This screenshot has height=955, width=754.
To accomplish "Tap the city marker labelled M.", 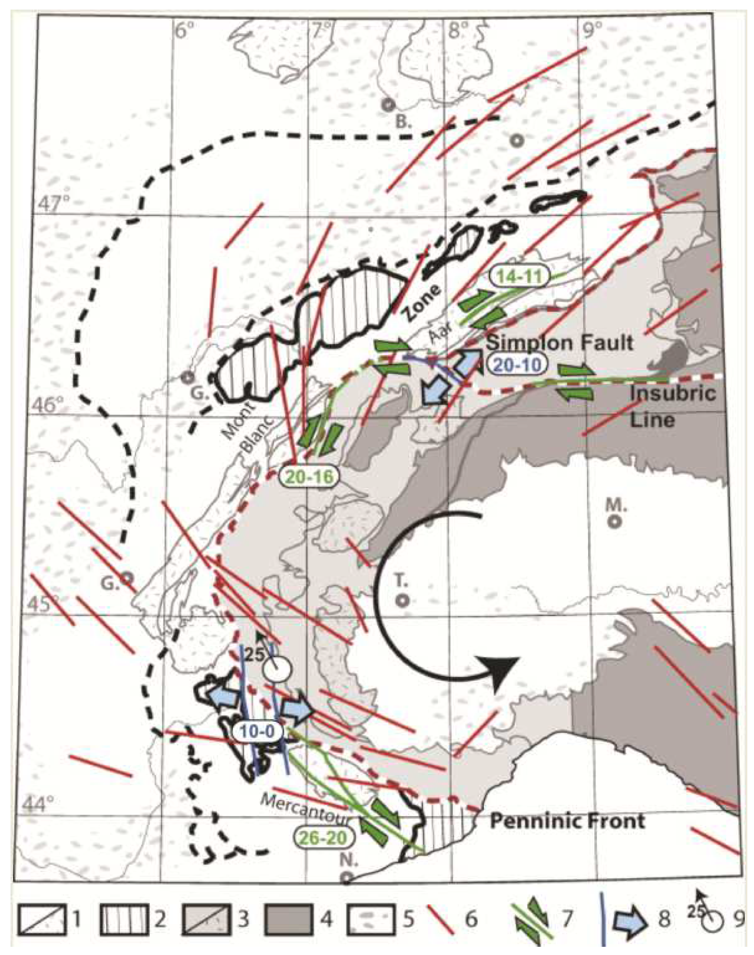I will point(615,521).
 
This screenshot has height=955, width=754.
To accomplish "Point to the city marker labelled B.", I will point(388,105).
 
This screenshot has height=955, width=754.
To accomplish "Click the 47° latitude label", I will point(53,204).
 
